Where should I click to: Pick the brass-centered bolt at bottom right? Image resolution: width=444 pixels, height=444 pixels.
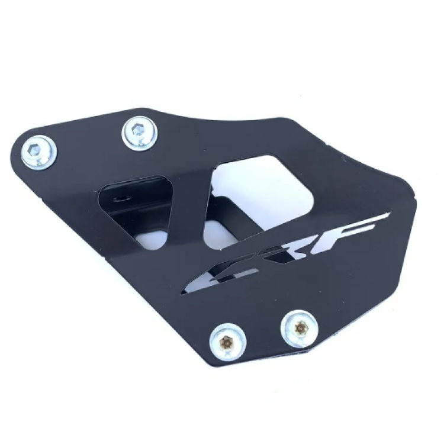point(300,329)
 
